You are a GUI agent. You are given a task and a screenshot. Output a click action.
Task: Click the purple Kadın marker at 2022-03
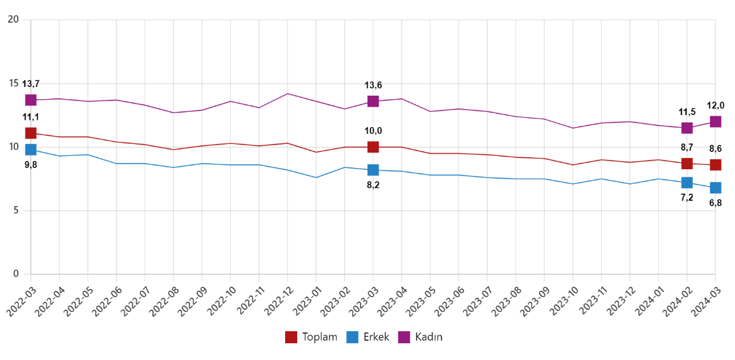31,100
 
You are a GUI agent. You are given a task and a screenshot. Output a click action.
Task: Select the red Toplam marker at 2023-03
373,147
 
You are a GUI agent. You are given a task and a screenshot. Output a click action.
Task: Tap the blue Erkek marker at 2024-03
715,187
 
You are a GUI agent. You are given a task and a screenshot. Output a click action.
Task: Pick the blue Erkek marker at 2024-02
687,183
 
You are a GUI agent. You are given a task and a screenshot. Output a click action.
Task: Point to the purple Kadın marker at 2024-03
715,122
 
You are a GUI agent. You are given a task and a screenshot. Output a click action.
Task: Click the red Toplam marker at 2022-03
31,133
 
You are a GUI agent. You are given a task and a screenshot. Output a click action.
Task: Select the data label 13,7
31,84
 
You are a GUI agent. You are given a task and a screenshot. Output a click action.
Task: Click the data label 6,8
715,202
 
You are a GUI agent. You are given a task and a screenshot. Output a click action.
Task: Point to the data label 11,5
687,112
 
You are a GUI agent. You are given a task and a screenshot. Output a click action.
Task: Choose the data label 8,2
373,185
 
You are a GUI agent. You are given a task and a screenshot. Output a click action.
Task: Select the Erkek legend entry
367,337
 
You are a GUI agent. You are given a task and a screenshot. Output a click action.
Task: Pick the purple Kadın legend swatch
404,337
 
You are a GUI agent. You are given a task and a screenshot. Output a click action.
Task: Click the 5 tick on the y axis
16,211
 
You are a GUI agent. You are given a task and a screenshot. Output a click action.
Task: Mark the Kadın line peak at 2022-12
287,94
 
